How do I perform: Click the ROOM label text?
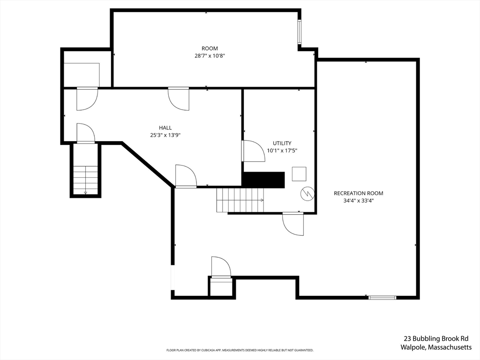(x=210, y=48)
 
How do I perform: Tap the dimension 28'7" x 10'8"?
(x=210, y=56)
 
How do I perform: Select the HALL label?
(x=165, y=127)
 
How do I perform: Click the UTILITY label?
(x=282, y=143)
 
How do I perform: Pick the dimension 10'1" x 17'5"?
(x=282, y=151)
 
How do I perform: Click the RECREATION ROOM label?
(x=358, y=193)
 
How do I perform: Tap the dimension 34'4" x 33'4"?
(x=358, y=201)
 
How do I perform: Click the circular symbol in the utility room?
(x=307, y=193)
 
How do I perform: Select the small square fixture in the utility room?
(x=299, y=174)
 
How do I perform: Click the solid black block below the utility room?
(x=263, y=180)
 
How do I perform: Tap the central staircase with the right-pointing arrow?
(x=240, y=200)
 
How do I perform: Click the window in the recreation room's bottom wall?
(x=382, y=297)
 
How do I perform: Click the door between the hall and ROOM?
(x=179, y=98)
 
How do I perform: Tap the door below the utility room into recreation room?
(x=293, y=224)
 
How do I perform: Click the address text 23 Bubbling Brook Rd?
(x=436, y=338)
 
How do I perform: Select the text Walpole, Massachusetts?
(x=436, y=347)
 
